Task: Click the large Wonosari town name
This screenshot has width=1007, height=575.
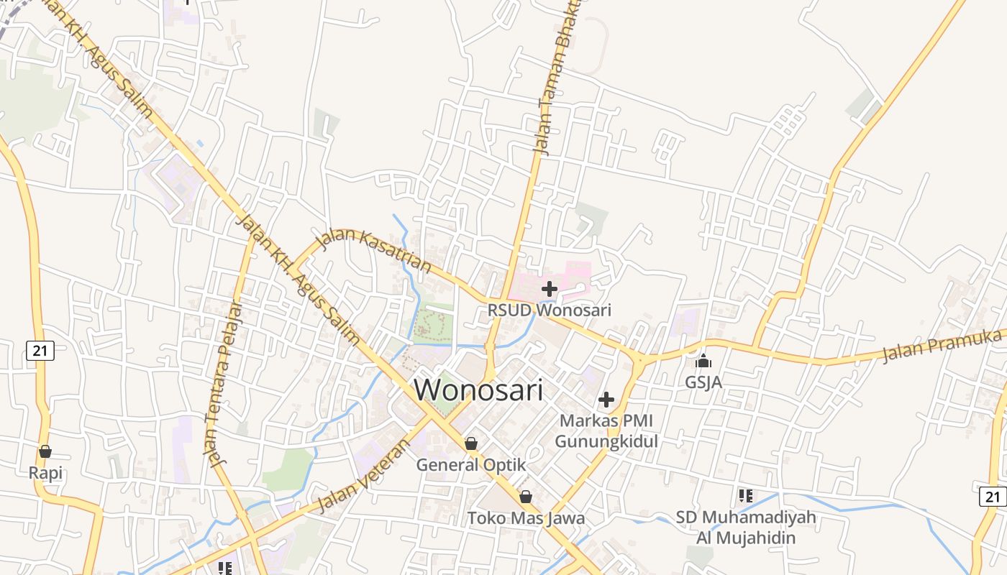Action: pyautogui.click(x=478, y=390)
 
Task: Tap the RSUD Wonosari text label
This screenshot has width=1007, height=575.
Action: pyautogui.click(x=550, y=310)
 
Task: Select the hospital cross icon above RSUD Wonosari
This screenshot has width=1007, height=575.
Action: pyautogui.click(x=550, y=290)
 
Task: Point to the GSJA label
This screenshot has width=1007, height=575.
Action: pyautogui.click(x=703, y=382)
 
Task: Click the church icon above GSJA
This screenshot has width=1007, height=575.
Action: pyautogui.click(x=703, y=361)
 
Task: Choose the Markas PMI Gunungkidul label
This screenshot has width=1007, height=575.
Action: pyautogui.click(x=606, y=431)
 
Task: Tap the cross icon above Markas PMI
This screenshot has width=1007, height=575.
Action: pyautogui.click(x=606, y=399)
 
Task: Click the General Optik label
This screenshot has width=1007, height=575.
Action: pyautogui.click(x=471, y=465)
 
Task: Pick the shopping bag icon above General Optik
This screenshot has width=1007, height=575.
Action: pyautogui.click(x=471, y=443)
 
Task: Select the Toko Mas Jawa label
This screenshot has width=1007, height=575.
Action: pyautogui.click(x=526, y=517)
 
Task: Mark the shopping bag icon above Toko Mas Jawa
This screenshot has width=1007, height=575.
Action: pyautogui.click(x=526, y=497)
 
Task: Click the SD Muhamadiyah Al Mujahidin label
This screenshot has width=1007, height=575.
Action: pyautogui.click(x=746, y=527)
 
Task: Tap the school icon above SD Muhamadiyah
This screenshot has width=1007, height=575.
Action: pyautogui.click(x=746, y=495)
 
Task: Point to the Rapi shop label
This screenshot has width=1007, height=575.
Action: pyautogui.click(x=45, y=473)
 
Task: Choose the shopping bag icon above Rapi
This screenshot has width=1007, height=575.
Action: pyautogui.click(x=45, y=451)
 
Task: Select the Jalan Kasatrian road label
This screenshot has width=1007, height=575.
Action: pyautogui.click(x=374, y=252)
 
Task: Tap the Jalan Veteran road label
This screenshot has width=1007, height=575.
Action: pyautogui.click(x=363, y=477)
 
